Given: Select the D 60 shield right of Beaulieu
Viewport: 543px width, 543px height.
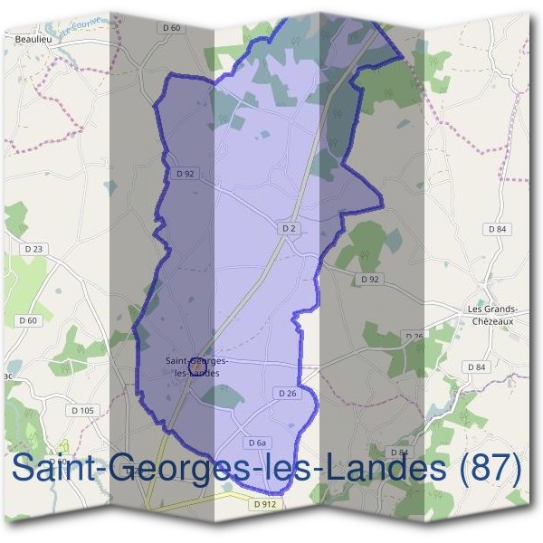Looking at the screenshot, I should (172, 28).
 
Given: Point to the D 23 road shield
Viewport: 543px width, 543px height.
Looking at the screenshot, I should (35, 248).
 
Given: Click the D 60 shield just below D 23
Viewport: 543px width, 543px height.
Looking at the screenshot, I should (28, 319).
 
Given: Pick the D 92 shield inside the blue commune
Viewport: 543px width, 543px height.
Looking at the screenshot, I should (186, 173).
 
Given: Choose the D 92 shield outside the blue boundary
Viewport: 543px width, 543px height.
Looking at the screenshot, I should (368, 279).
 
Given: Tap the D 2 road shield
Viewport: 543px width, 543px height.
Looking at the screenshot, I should (289, 229).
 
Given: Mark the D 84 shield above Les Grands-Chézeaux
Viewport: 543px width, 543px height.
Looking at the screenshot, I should (497, 229).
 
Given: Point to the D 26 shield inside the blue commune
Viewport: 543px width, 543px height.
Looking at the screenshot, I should (286, 393).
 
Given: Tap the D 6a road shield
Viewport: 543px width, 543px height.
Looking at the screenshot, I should (258, 442).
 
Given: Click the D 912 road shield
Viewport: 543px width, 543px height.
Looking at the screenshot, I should (265, 502).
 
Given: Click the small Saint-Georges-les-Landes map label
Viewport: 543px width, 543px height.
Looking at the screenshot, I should (195, 367).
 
